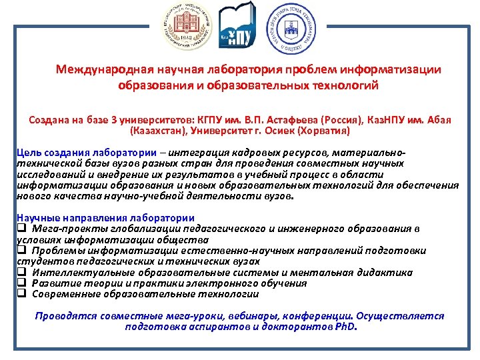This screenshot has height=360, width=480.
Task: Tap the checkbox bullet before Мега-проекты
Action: pos(21,229)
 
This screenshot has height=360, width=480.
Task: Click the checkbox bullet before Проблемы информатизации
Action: pos(21,251)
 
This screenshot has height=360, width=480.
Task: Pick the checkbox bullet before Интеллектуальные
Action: pos(21,272)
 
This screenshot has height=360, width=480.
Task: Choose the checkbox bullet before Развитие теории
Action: pos(21,283)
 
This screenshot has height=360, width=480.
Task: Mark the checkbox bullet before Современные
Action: pos(21,293)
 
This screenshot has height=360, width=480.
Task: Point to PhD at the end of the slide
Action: pos(345,327)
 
